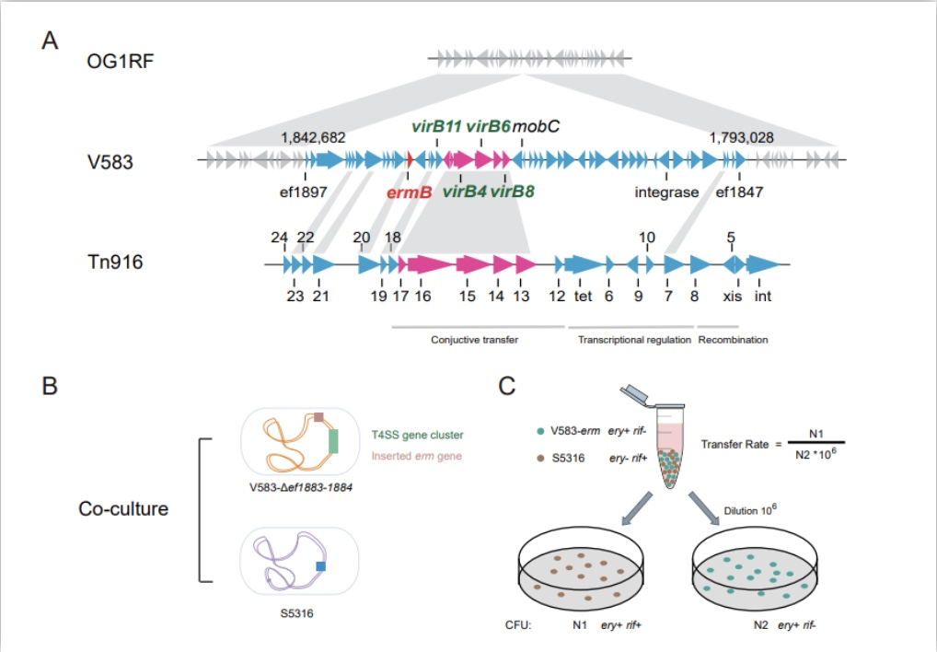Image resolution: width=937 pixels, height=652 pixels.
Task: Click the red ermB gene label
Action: point(410,192)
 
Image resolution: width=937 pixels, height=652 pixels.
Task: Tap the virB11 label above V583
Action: point(436,126)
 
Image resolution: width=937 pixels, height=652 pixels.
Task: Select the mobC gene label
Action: point(536,126)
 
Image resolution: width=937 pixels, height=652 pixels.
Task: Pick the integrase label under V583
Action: point(666,192)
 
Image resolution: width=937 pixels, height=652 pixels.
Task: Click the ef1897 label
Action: point(304,192)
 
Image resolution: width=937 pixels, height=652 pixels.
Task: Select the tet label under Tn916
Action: point(583,296)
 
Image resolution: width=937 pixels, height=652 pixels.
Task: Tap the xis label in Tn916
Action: point(732,296)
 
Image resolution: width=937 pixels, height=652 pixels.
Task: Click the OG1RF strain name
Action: point(120,61)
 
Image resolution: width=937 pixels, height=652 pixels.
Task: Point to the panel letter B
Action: point(50,386)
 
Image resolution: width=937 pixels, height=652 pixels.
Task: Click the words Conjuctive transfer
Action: point(474,340)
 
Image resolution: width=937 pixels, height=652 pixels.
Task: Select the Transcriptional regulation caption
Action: point(634,340)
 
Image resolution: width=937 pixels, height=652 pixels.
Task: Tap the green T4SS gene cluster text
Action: point(417,435)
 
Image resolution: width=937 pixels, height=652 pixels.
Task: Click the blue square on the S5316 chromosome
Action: point(321,566)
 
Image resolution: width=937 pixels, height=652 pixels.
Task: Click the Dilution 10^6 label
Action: point(750,510)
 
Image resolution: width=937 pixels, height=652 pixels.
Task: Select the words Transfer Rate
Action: point(735,445)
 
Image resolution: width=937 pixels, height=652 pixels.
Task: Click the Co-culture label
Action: point(123,508)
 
